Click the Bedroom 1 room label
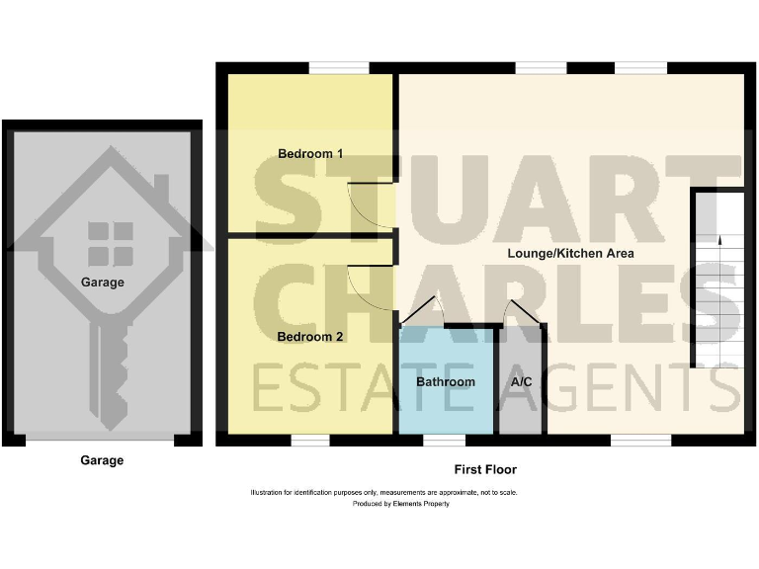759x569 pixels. coord(310,154)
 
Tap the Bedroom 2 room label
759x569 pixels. coord(310,337)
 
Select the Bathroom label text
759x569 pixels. coord(445,381)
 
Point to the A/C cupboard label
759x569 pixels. coord(521,381)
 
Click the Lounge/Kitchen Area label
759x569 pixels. coord(570,253)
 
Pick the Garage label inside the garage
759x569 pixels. coord(103,283)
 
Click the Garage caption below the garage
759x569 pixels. coord(102,460)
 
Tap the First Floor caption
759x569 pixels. coord(485,470)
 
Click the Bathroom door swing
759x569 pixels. coord(420,311)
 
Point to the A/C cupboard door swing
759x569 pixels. coord(517,311)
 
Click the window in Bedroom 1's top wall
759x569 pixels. coord(339,68)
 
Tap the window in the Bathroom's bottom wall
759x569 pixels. coord(444,440)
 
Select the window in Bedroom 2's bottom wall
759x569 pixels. coord(310,440)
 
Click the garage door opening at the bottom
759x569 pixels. coord(102,439)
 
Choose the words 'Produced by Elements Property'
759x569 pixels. coord(401,504)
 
